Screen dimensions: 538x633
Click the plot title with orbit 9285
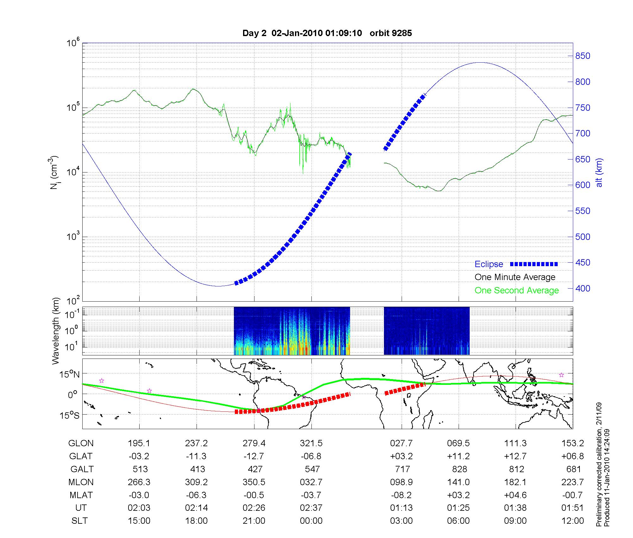coord(327,33)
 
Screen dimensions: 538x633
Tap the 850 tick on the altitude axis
coord(583,56)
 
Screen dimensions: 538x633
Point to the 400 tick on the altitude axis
coord(583,288)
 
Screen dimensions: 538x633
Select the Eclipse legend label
coord(489,264)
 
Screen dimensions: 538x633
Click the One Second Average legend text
coord(517,291)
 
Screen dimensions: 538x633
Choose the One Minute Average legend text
coord(515,277)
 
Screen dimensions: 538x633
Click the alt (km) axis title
coord(599,172)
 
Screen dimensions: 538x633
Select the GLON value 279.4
coord(254,443)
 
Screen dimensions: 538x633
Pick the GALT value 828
coord(459,469)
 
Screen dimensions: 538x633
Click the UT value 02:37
coord(311,508)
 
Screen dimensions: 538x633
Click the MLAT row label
coord(81,495)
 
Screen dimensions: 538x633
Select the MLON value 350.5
coord(254,482)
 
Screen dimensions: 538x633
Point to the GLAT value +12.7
coord(516,456)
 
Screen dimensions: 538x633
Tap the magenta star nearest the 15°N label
coord(102,381)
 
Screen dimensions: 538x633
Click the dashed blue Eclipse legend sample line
coord(534,264)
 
